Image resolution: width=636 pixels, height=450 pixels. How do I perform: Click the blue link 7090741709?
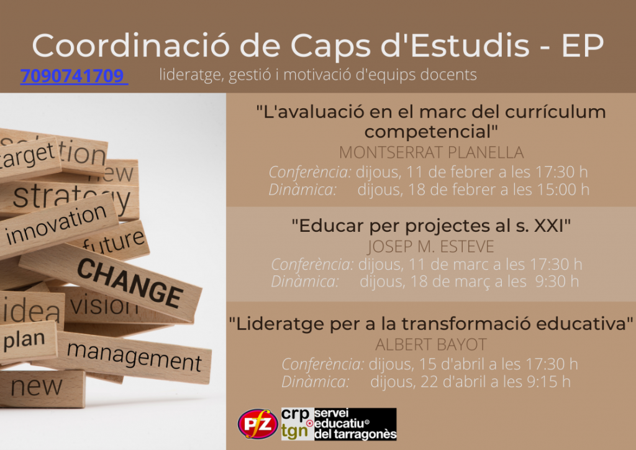tap(75, 76)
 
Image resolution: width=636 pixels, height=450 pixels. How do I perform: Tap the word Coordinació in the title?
tap(130, 45)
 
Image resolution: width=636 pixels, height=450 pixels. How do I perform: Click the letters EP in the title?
tap(583, 45)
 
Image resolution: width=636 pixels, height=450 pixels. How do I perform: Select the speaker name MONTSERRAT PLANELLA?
tap(431, 152)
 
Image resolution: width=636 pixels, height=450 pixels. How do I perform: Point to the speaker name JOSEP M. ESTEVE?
tap(431, 246)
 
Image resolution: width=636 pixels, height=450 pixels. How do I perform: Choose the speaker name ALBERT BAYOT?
tap(431, 344)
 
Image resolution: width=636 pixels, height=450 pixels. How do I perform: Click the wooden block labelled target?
tap(29, 158)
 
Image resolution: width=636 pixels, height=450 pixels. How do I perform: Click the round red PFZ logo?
tap(258, 424)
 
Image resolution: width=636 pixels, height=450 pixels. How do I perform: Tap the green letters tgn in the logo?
tap(294, 432)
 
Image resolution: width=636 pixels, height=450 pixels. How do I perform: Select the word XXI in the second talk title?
tap(549, 226)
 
